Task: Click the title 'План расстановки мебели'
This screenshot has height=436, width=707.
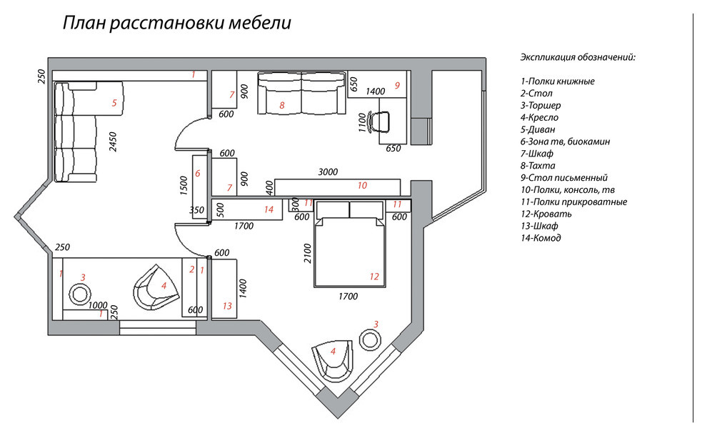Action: click(177, 23)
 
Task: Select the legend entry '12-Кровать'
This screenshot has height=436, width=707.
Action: click(546, 214)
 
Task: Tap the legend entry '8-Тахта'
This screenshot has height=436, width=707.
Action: click(538, 166)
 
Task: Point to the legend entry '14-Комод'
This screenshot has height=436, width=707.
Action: click(541, 238)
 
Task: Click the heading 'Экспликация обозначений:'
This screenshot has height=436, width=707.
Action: click(578, 57)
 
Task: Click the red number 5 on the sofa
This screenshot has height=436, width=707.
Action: click(114, 103)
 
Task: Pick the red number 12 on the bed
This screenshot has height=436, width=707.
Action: click(374, 277)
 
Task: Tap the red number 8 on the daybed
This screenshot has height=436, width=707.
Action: click(282, 106)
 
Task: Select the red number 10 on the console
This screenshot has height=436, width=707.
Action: click(362, 185)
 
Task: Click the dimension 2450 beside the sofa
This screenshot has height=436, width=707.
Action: click(113, 142)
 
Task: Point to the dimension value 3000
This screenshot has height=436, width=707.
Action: click(328, 172)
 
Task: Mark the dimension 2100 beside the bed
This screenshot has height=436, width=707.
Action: click(308, 254)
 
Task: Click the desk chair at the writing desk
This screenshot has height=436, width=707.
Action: click(378, 121)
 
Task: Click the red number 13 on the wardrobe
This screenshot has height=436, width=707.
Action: click(227, 306)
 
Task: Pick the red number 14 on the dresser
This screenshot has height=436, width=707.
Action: click(269, 209)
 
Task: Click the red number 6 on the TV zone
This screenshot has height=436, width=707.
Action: click(198, 173)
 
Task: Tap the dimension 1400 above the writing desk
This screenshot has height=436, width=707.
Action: click(375, 91)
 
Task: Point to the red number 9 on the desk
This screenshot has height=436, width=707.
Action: click(397, 85)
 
